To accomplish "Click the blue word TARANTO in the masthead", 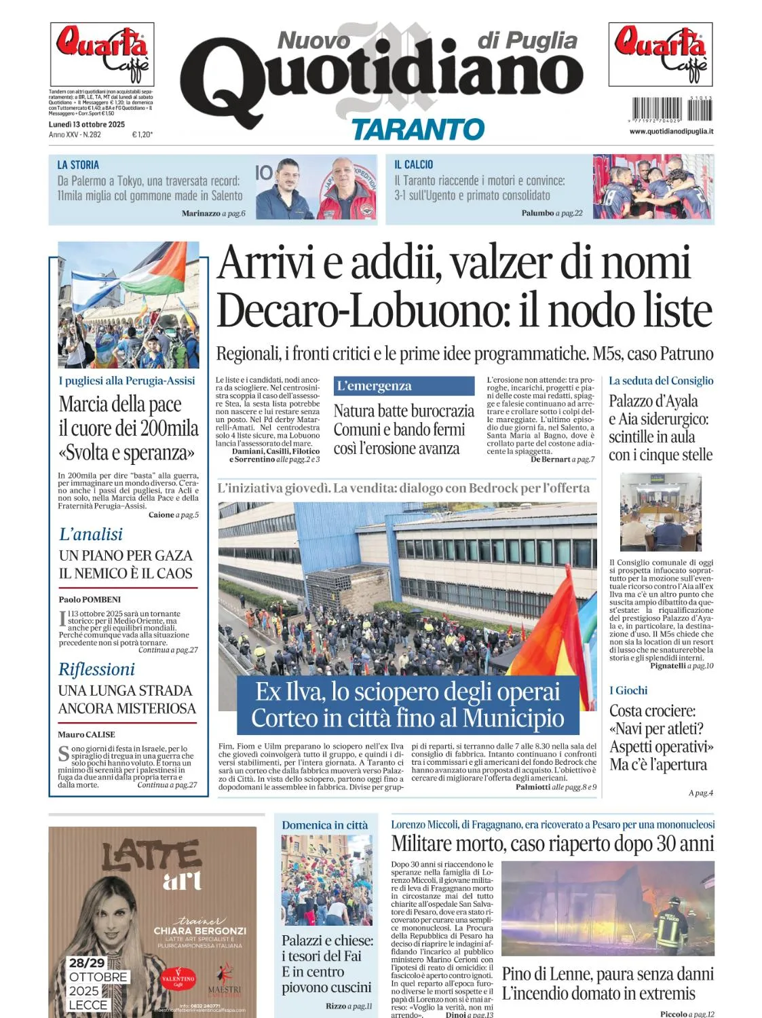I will [x=417, y=129].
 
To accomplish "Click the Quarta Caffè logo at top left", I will [x=102, y=54].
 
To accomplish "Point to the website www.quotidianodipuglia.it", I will [x=670, y=131].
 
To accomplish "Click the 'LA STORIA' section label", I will [x=78, y=165].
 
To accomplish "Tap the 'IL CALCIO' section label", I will [x=413, y=165].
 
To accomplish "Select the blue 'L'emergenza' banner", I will [x=404, y=386].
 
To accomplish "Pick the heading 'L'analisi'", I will [x=91, y=534].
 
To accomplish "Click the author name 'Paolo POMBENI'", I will [x=90, y=599].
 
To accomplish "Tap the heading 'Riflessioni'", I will [x=96, y=669].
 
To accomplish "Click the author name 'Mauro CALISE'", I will [x=86, y=734].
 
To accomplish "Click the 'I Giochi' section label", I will [x=628, y=690].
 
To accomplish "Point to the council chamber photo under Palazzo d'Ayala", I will [x=660, y=512].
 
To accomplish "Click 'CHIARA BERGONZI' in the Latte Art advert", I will [x=199, y=930].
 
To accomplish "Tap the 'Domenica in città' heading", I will [x=325, y=825].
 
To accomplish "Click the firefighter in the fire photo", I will [x=672, y=923].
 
